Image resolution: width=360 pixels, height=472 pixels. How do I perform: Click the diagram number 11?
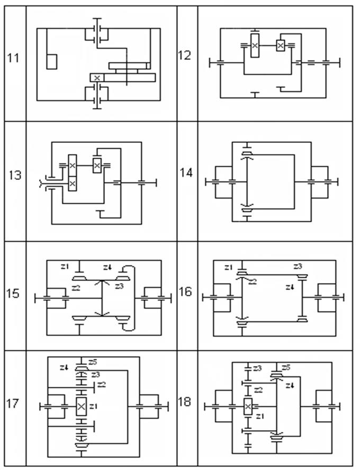coord(13,57)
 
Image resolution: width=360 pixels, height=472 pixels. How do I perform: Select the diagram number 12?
coord(185,55)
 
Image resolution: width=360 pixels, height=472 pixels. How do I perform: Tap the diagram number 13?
coord(15,175)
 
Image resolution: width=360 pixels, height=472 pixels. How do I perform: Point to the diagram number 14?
coord(186,173)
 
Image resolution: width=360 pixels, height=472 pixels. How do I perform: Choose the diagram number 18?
coord(185,402)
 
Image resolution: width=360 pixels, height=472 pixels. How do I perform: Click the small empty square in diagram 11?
coord(52,61)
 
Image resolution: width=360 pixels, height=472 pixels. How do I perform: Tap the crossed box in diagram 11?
coord(97,77)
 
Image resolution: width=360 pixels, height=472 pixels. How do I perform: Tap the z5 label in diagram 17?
coord(93,362)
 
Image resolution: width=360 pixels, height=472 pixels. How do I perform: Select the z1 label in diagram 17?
coord(94,406)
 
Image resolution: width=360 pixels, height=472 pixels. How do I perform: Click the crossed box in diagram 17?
coord(81,406)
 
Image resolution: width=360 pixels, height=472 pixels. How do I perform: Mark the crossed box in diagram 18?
coord(248,407)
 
